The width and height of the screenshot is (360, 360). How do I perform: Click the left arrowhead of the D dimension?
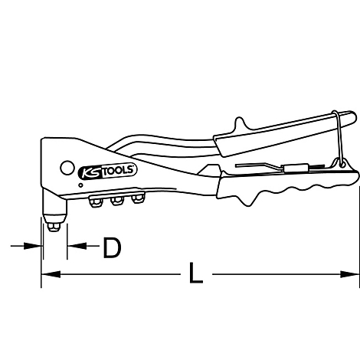coord(36,246)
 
